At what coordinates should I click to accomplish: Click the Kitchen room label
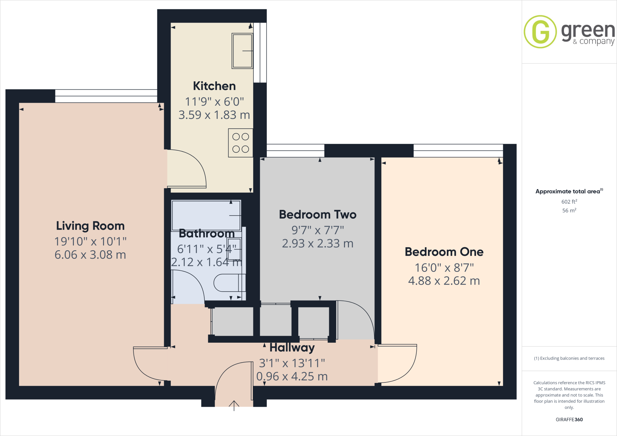(x=214, y=86)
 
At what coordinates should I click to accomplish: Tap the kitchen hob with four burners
(x=240, y=143)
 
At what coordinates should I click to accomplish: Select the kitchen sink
(x=242, y=51)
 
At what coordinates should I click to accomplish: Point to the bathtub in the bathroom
(x=206, y=215)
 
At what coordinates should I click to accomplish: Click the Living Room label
(x=90, y=226)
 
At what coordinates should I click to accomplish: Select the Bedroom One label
(x=444, y=252)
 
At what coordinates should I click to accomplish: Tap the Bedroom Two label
(x=318, y=215)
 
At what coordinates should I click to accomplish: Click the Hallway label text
(x=292, y=348)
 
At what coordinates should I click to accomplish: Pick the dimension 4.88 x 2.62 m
(x=444, y=281)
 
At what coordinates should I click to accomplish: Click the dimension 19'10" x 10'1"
(x=90, y=241)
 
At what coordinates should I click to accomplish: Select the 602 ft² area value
(x=569, y=202)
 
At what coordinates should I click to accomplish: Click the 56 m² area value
(x=569, y=210)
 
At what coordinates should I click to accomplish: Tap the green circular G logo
(x=540, y=32)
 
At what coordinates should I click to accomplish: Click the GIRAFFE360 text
(x=569, y=419)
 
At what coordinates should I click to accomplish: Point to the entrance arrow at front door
(x=234, y=405)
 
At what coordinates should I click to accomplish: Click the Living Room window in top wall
(x=106, y=96)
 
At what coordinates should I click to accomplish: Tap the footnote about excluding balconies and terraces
(x=569, y=358)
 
